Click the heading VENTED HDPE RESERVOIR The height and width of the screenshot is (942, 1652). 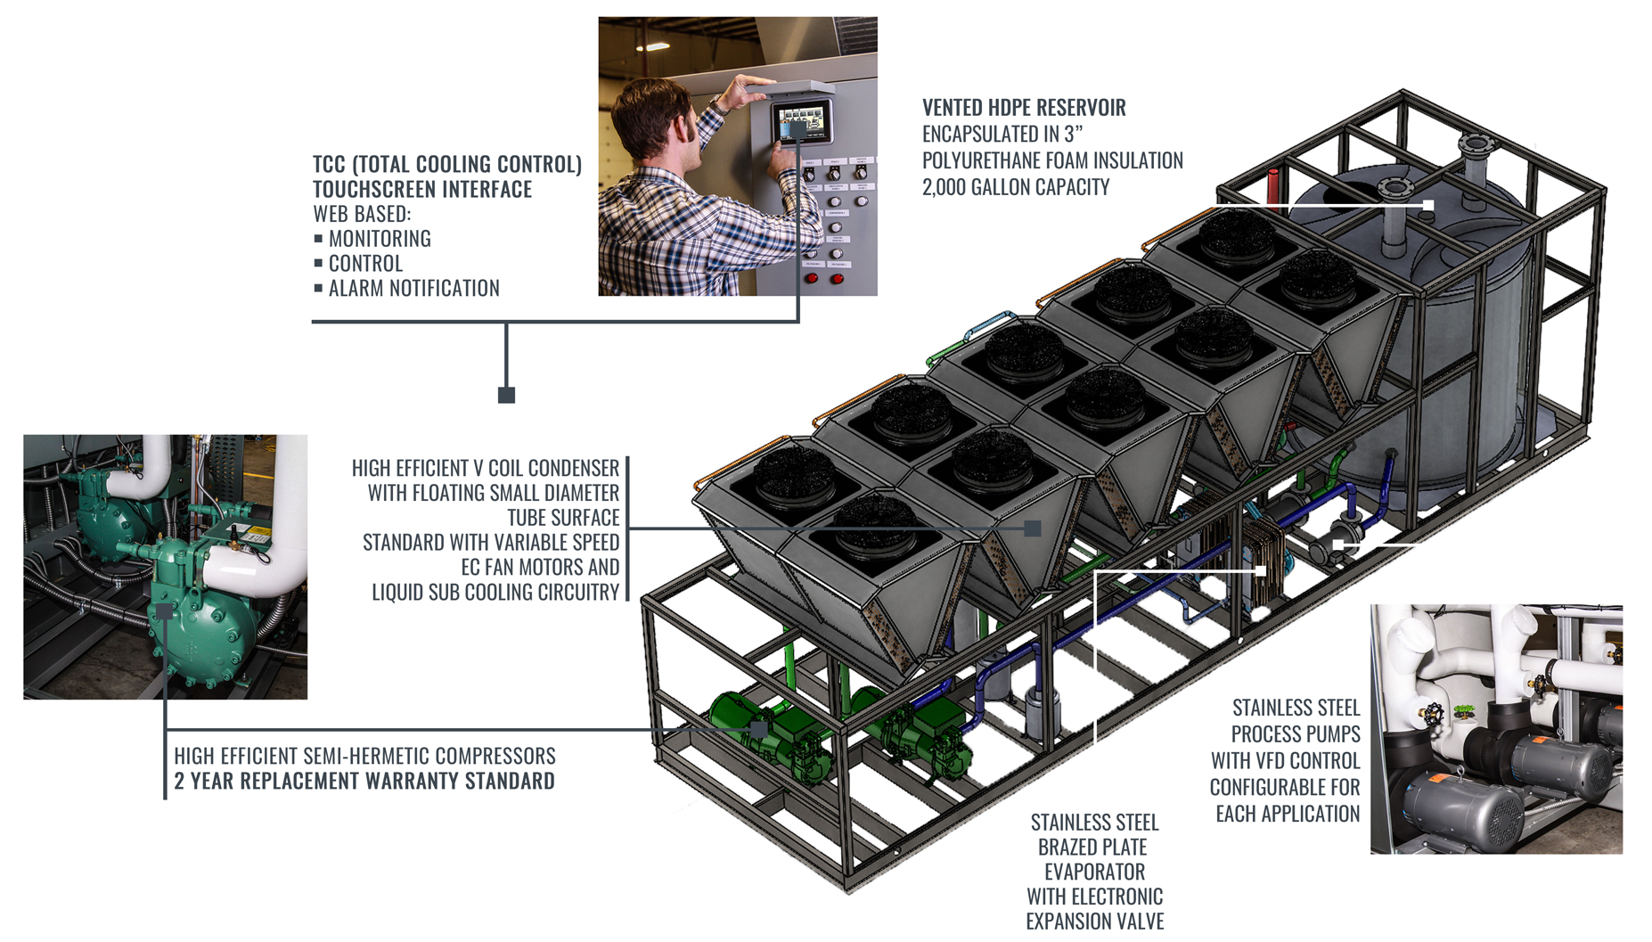click(x=1023, y=108)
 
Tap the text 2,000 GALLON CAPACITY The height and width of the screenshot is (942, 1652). click(x=1015, y=187)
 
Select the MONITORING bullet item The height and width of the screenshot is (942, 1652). click(x=379, y=239)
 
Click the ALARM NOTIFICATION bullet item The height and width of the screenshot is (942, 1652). click(x=413, y=289)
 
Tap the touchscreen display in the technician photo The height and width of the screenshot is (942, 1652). click(x=801, y=120)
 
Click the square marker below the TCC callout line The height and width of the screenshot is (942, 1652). click(x=506, y=395)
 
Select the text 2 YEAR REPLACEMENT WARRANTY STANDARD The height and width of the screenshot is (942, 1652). click(x=364, y=782)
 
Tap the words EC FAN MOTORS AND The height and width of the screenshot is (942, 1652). click(x=539, y=568)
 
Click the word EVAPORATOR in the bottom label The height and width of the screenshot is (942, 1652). click(x=1094, y=872)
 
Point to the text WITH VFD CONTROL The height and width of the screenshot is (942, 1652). click(x=1284, y=761)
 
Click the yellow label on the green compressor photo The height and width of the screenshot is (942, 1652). click(x=256, y=536)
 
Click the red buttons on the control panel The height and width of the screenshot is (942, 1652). click(x=824, y=279)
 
